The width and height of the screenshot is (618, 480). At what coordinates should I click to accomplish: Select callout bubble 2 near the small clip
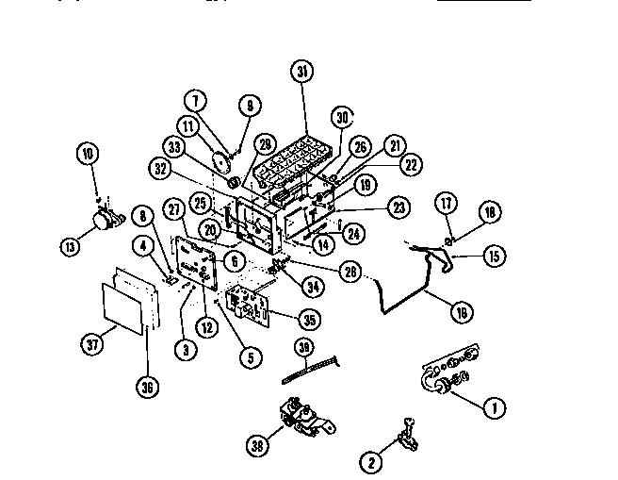(371, 462)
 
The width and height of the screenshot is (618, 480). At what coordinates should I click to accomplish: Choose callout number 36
(149, 386)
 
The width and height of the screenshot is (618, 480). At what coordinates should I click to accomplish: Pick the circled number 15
(494, 255)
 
